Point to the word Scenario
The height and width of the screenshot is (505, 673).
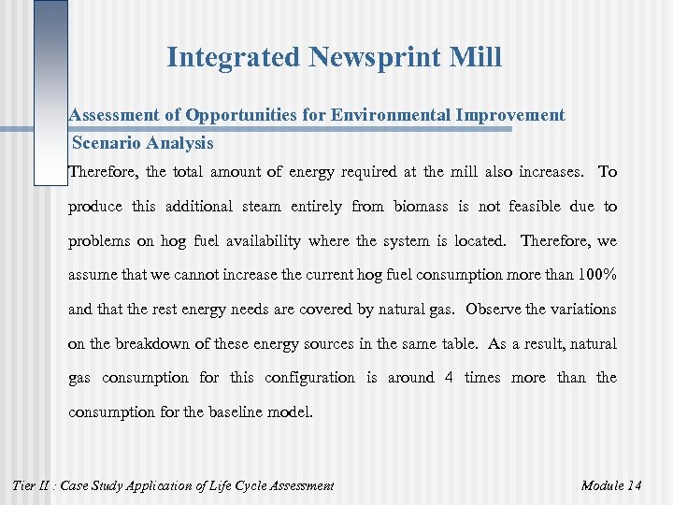pos(105,144)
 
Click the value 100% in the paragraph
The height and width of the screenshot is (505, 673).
pos(594,275)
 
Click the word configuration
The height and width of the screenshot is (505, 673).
pos(309,378)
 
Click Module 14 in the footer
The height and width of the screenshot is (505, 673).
pos(610,485)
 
